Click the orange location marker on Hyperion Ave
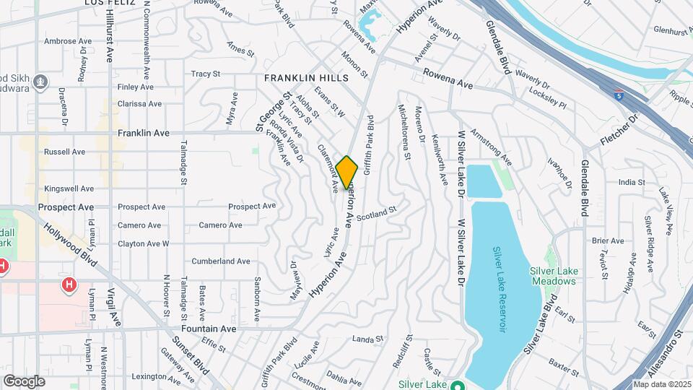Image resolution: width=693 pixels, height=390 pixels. (x=347, y=173)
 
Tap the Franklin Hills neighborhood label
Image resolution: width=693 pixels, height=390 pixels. (x=306, y=78)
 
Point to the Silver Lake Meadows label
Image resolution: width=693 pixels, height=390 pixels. (x=554, y=276)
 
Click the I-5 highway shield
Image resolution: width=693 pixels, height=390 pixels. (x=618, y=95)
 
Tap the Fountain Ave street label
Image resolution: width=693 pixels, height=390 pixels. (x=209, y=329)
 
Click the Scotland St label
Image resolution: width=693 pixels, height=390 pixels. (x=377, y=214)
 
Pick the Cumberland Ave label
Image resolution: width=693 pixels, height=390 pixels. (x=221, y=261)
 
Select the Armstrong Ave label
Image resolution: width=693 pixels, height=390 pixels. (x=491, y=147)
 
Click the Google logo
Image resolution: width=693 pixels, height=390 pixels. (x=25, y=381)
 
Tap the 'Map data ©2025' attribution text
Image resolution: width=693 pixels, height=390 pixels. (x=662, y=384)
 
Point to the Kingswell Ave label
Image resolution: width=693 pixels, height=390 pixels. (x=69, y=188)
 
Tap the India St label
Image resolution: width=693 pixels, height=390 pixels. (x=632, y=183)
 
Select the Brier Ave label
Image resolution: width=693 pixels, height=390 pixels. (x=607, y=240)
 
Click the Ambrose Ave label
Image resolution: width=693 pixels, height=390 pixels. (x=66, y=42)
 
